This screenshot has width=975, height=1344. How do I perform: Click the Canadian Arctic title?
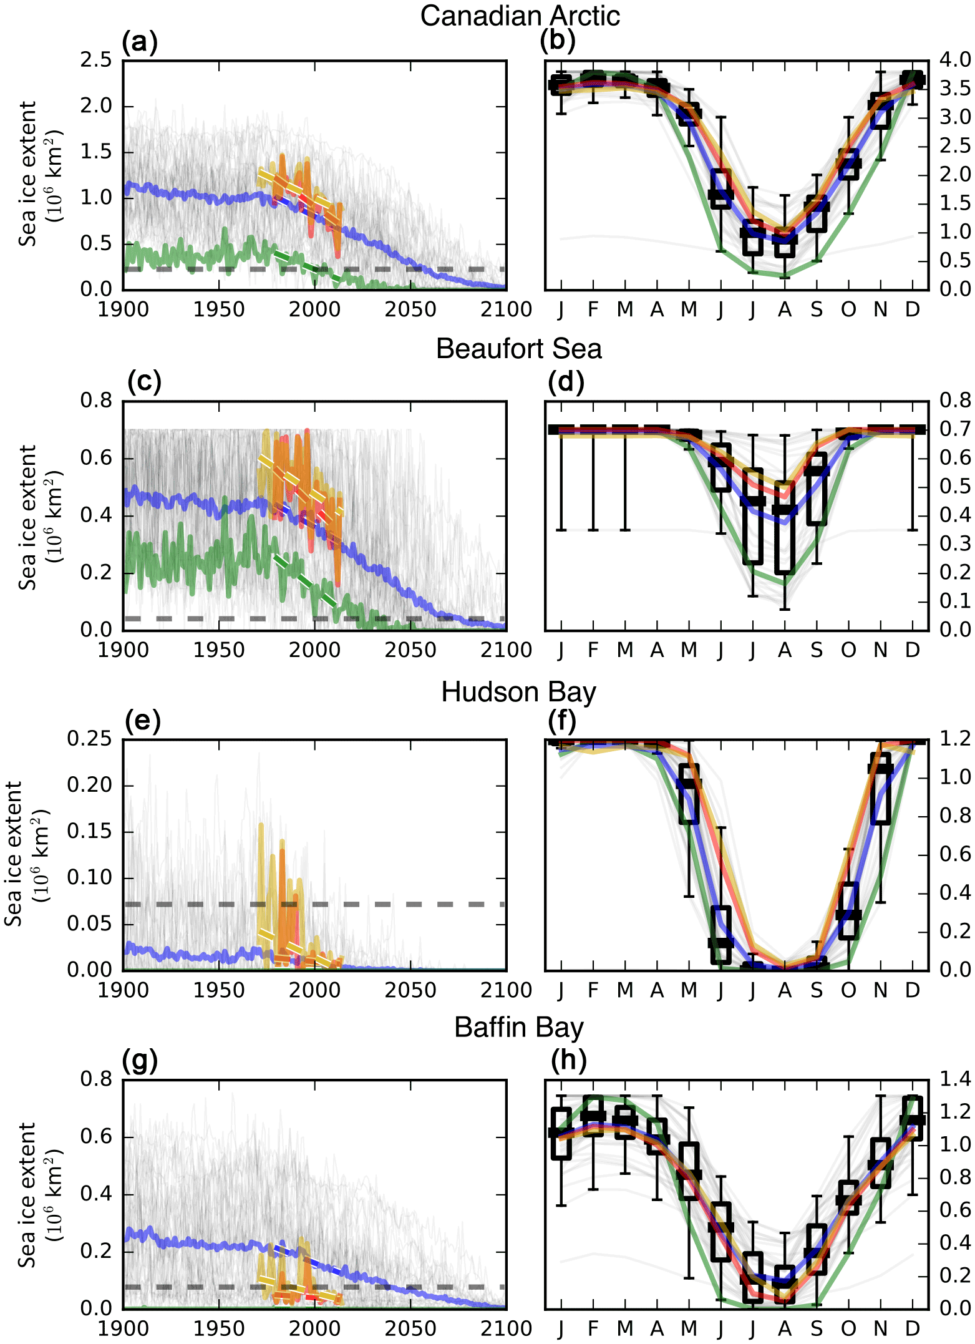pyautogui.click(x=520, y=16)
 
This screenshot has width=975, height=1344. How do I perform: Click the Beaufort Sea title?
pyautogui.click(x=518, y=349)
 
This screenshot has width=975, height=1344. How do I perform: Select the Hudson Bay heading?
pyautogui.click(x=518, y=692)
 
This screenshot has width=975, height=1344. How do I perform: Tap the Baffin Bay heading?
pyautogui.click(x=518, y=1028)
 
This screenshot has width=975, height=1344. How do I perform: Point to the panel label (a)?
pyautogui.click(x=140, y=42)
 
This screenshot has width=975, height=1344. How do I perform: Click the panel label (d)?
pyautogui.click(x=565, y=382)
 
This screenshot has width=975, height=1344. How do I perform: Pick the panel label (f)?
pyautogui.click(x=561, y=721)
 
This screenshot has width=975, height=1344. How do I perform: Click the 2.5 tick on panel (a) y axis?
pyautogui.click(x=95, y=60)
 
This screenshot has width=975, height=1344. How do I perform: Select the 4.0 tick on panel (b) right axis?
pyautogui.click(x=955, y=60)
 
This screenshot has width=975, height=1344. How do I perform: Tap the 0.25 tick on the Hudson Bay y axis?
pyautogui.click(x=89, y=739)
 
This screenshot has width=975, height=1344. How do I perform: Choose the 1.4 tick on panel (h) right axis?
pyautogui.click(x=955, y=1078)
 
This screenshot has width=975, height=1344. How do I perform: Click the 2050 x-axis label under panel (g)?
pyautogui.click(x=410, y=1328)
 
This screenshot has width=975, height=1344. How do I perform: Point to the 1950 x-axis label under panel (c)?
pyautogui.click(x=218, y=650)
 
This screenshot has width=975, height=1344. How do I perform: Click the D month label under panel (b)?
pyautogui.click(x=912, y=309)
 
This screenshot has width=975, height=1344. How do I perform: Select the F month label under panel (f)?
pyautogui.click(x=593, y=990)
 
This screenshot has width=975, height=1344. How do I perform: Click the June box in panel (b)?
pyautogui.click(x=721, y=189)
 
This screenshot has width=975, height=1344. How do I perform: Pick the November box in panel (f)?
pyautogui.click(x=880, y=789)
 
